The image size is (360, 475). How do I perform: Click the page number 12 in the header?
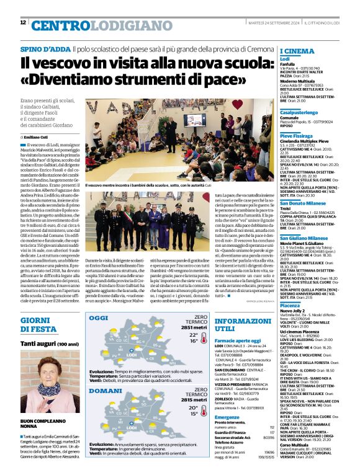(x=23, y=23)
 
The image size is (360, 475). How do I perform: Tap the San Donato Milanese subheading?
(x=303, y=203)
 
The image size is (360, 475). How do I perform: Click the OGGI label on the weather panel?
(x=99, y=318)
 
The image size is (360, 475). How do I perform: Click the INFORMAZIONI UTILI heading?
(x=239, y=326)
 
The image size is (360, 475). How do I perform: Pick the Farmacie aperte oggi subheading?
(x=238, y=340)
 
